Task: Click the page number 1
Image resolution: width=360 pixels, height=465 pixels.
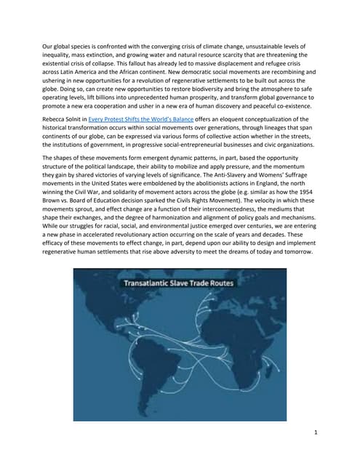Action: (x=315, y=434)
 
